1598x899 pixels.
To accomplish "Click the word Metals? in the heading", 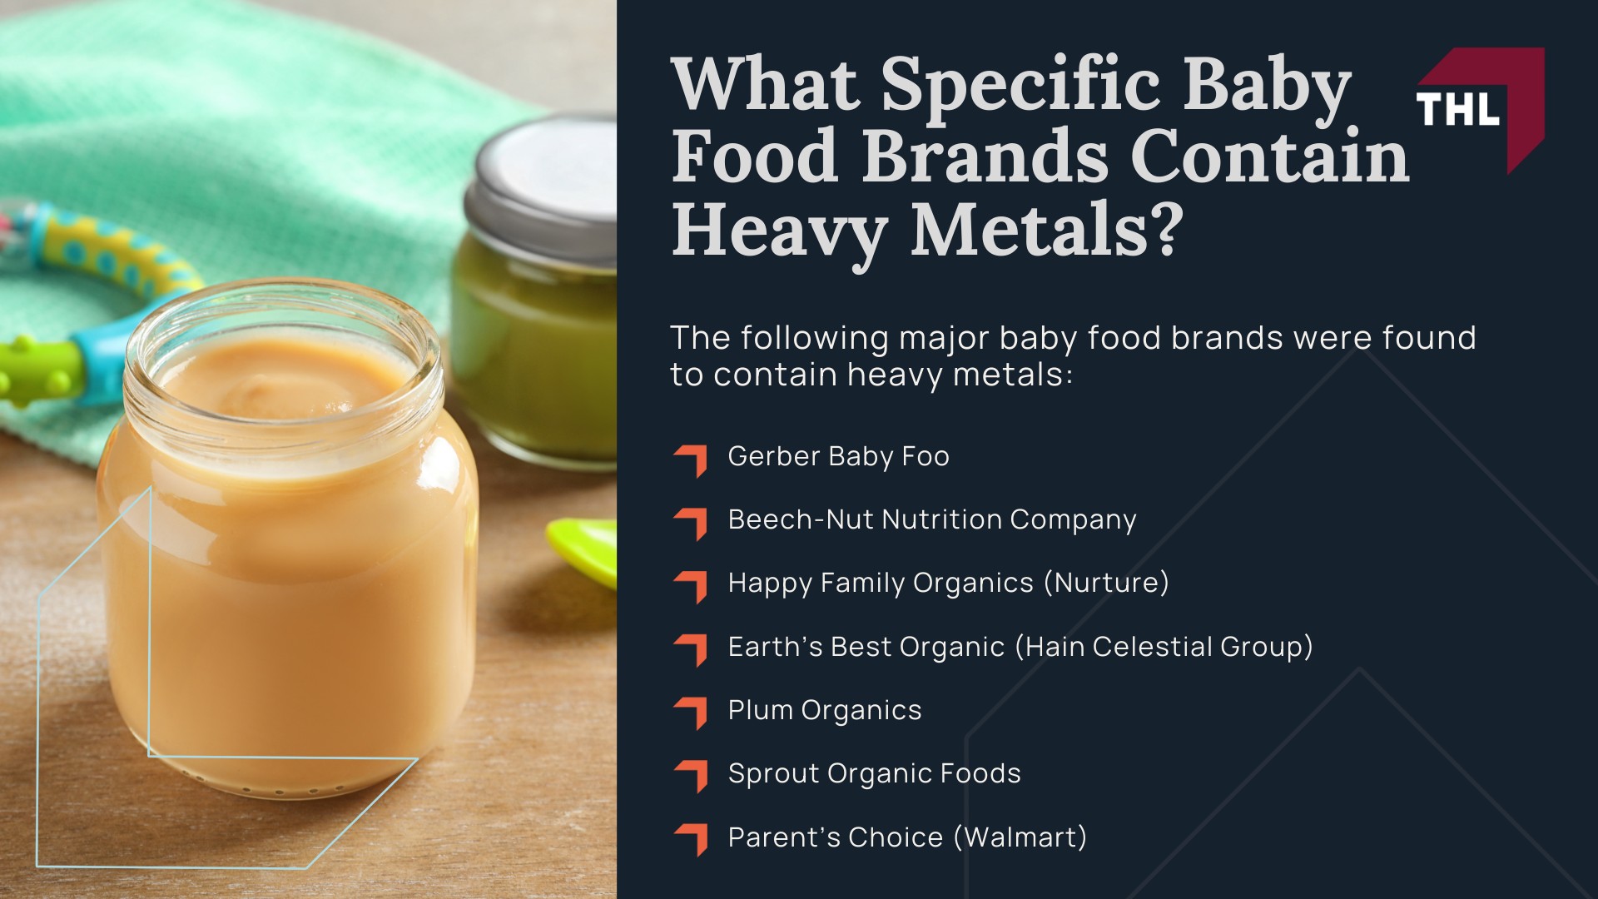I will tap(1047, 229).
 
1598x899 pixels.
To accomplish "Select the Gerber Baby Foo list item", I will tap(838, 456).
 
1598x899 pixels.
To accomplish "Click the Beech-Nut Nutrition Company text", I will tap(931, 519).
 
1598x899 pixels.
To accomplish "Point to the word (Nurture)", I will tap(1106, 583).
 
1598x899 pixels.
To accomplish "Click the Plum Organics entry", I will tap(824, 710).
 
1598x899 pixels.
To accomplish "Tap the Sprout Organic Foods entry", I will tap(874, 773).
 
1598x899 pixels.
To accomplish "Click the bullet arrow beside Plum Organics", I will tap(692, 713).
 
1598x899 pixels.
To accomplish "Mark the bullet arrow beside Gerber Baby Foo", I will tap(692, 459).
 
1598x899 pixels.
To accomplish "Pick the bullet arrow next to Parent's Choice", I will tap(692, 839).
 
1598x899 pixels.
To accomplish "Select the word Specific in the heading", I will tap(1020, 86).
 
